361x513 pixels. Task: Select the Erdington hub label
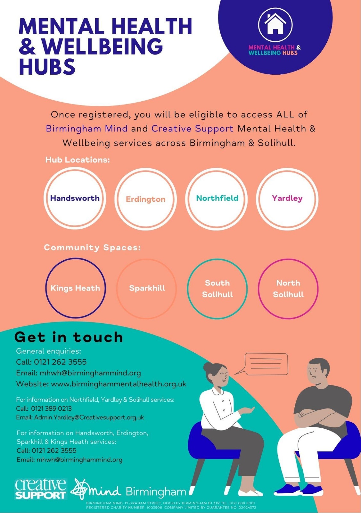point(146,199)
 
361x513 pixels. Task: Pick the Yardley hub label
point(287,198)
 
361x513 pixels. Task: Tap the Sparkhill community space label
point(147,288)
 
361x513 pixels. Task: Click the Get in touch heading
point(69,337)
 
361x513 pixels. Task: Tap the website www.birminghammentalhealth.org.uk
point(119,384)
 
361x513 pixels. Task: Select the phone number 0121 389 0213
point(51,408)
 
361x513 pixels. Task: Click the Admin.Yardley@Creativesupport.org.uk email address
point(89,417)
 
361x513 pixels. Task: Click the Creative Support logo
point(41,489)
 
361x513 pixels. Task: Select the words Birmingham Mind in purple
point(87,129)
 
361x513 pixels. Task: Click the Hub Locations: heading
point(78,160)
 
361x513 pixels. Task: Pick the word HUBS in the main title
point(47,66)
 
